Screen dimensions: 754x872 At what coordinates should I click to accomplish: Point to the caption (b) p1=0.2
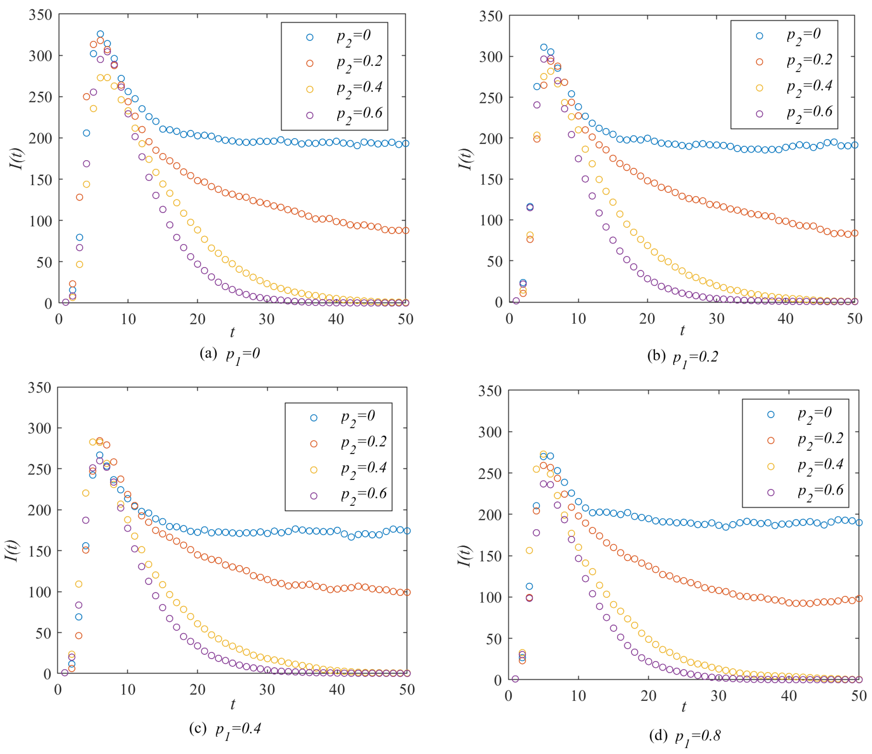pos(683,358)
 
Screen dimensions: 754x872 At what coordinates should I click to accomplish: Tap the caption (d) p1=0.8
pos(685,736)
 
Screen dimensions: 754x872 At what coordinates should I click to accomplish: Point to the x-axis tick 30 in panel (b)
pos(717,319)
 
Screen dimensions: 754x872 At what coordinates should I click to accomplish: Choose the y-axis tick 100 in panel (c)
pos(39,592)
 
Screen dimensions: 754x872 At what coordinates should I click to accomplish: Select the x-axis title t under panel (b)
pos(682,331)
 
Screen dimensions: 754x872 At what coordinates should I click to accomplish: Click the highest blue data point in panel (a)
pos(100,34)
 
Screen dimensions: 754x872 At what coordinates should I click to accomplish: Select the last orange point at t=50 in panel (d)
pos(859,598)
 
